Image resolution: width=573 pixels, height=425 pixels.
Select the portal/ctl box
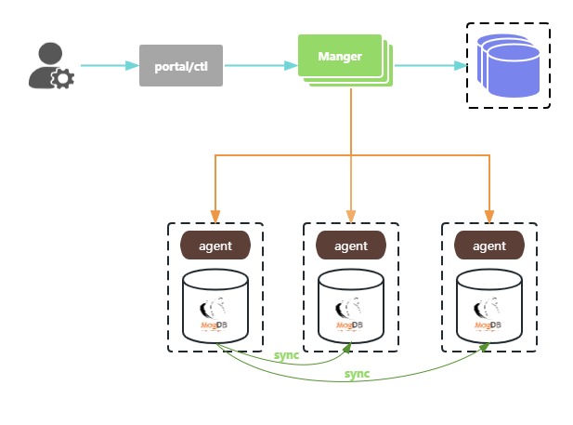point(181,65)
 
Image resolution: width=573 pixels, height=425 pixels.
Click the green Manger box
point(341,57)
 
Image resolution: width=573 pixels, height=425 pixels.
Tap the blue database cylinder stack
point(508,64)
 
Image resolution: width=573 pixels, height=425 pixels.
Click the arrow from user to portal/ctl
point(109,65)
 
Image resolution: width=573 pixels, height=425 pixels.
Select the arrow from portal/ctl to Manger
point(261,65)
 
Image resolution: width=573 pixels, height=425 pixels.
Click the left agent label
point(215,246)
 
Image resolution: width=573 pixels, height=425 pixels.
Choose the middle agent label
point(351,246)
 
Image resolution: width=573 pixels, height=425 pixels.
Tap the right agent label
point(489,246)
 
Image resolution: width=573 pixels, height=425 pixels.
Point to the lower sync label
point(357,374)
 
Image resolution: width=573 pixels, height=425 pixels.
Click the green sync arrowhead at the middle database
point(348,347)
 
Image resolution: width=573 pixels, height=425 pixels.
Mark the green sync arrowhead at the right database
point(486,347)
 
